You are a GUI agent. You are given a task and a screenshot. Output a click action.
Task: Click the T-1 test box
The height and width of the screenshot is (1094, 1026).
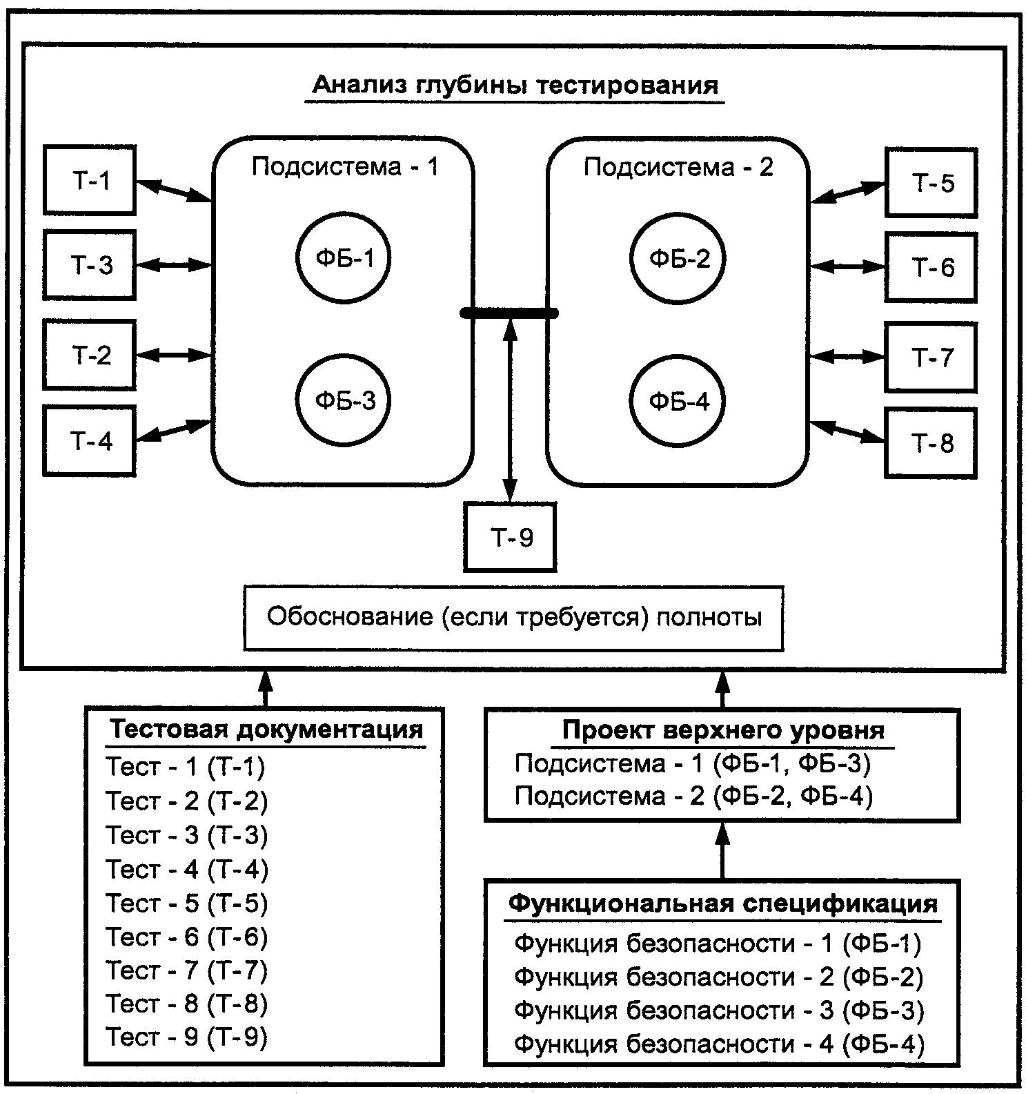[89, 180]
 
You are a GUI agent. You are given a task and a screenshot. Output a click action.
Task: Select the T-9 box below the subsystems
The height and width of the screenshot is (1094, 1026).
[511, 537]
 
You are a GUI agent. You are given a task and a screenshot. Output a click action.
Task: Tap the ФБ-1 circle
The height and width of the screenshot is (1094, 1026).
[344, 257]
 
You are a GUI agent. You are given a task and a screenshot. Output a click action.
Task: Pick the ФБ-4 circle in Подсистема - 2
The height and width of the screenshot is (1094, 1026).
[678, 401]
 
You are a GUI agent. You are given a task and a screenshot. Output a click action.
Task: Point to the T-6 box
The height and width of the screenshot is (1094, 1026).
[931, 267]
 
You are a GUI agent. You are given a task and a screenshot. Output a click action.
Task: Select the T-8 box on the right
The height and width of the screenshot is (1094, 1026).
[931, 442]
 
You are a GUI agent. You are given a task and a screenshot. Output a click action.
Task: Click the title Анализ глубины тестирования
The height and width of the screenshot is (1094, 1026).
[515, 86]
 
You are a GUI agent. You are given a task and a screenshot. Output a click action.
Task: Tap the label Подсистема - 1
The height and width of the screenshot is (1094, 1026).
[344, 167]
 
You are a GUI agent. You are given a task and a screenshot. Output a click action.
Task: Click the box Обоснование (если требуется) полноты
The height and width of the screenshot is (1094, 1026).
[513, 618]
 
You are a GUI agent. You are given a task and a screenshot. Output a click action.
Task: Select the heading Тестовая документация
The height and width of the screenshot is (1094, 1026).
[266, 730]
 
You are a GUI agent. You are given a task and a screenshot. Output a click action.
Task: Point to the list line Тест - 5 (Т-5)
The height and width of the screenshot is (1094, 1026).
[186, 903]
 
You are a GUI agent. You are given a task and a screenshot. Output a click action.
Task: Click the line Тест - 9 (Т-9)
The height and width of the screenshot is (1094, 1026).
[186, 1037]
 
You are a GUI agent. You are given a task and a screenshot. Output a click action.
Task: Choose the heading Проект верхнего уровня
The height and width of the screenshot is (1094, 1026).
[723, 730]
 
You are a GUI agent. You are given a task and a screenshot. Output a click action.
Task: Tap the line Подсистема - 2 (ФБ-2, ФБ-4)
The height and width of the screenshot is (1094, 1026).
[693, 796]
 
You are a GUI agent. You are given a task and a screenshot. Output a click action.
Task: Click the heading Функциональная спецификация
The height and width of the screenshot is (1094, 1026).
[723, 903]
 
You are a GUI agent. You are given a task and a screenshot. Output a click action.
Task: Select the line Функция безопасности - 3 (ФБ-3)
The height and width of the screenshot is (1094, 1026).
[718, 1010]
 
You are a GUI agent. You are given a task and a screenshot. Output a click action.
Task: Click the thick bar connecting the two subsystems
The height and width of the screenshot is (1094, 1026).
[509, 314]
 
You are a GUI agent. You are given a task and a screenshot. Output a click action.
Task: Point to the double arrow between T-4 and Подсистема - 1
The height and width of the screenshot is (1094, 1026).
[172, 431]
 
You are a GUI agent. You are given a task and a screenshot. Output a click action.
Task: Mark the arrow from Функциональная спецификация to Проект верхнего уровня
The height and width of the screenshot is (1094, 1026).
[722, 850]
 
